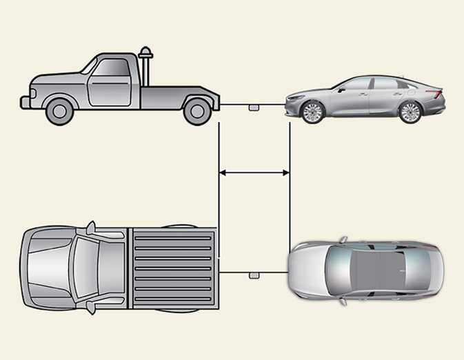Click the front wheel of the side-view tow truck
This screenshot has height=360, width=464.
(x=60, y=110)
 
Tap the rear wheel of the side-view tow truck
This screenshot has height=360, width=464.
(x=198, y=110)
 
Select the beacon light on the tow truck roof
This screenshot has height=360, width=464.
(x=145, y=54)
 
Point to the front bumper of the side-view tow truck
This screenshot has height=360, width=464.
(x=26, y=102)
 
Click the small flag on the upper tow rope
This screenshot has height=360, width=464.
(x=254, y=107)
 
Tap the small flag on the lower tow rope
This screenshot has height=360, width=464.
(x=254, y=275)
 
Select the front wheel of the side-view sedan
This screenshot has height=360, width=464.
(x=312, y=112)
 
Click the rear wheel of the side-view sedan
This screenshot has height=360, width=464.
(x=410, y=112)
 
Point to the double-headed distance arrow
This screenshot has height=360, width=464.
(x=254, y=173)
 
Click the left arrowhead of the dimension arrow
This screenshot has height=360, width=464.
(x=223, y=173)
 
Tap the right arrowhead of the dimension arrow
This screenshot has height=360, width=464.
(x=285, y=173)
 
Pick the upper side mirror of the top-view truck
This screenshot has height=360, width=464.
(x=90, y=227)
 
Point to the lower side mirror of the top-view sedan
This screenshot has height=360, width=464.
(x=343, y=301)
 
